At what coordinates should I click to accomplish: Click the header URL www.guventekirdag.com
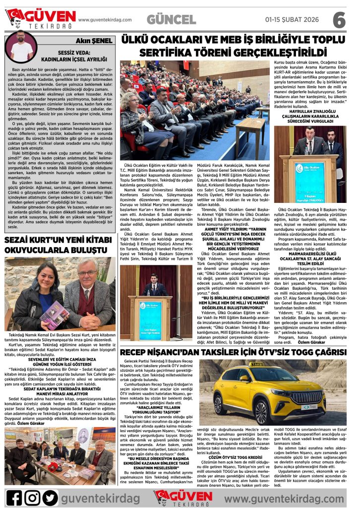105,20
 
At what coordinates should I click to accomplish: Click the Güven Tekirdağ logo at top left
40,19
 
